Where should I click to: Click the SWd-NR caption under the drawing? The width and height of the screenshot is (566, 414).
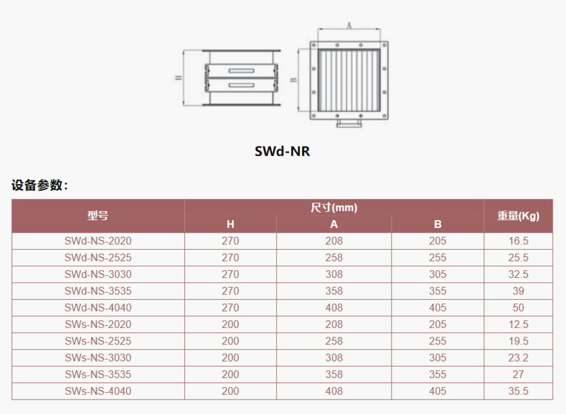pos(282,151)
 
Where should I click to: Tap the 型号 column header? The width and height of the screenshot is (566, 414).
pos(98,216)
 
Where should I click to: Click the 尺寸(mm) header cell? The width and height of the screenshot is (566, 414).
pos(334,208)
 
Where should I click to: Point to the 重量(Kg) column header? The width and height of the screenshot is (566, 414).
pos(519,216)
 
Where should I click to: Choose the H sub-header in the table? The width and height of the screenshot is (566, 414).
pos(230,224)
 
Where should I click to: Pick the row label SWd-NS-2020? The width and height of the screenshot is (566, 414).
pos(98,241)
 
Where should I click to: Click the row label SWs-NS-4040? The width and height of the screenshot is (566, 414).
pos(98,391)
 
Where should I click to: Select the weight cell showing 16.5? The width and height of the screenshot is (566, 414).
pos(519,241)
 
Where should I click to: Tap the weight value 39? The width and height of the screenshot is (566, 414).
pos(519,290)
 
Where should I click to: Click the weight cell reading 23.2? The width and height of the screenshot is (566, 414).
pos(519,357)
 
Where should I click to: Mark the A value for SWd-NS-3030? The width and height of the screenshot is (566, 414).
pos(334,274)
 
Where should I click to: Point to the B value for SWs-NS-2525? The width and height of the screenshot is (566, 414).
pos(438,341)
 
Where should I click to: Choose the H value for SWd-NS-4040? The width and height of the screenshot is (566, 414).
pos(230,308)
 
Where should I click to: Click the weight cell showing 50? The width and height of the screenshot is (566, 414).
pos(519,308)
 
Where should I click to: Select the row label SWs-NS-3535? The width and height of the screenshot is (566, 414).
pos(98,375)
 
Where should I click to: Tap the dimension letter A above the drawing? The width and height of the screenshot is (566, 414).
pos(349,26)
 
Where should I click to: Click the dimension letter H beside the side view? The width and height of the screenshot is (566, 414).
pos(178,78)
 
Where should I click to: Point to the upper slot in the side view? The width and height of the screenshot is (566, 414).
pos(242,70)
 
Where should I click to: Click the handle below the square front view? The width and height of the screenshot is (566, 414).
pos(349,124)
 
